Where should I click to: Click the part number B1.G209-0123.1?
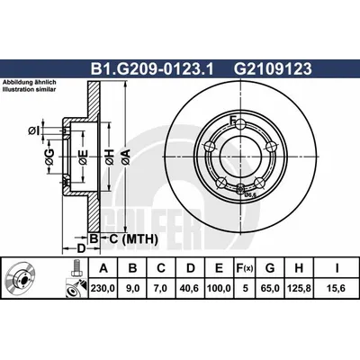pyautogui.click(x=152, y=69)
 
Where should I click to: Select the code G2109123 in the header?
pyautogui.click(x=273, y=69)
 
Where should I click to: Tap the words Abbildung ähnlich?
pyautogui.click(x=30, y=82)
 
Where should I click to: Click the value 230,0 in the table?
pyautogui.click(x=103, y=289)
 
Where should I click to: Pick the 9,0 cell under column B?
pyautogui.click(x=132, y=289)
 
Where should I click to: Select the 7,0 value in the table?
pyautogui.click(x=161, y=289)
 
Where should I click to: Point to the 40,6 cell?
pyautogui.click(x=190, y=289)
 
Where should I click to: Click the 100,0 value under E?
pyautogui.click(x=219, y=289)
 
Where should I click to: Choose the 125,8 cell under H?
pyautogui.click(x=299, y=289)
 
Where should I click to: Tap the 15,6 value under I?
pyautogui.click(x=337, y=289)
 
